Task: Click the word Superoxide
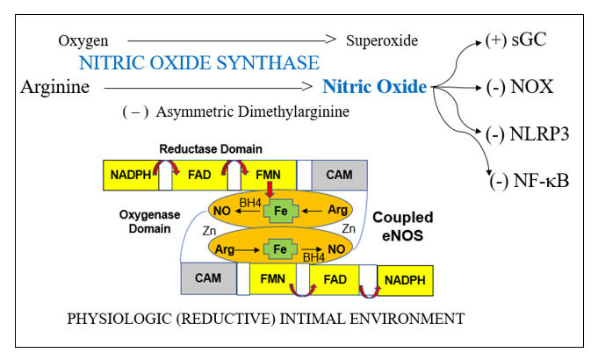pyautogui.click(x=381, y=40)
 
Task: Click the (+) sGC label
pyautogui.click(x=516, y=40)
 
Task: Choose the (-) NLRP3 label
pyautogui.click(x=526, y=134)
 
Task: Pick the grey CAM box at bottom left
pyautogui.click(x=208, y=279)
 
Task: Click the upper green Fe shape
pyautogui.click(x=281, y=211)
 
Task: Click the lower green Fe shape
pyautogui.click(x=281, y=249)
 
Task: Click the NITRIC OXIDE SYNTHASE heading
pyautogui.click(x=198, y=63)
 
